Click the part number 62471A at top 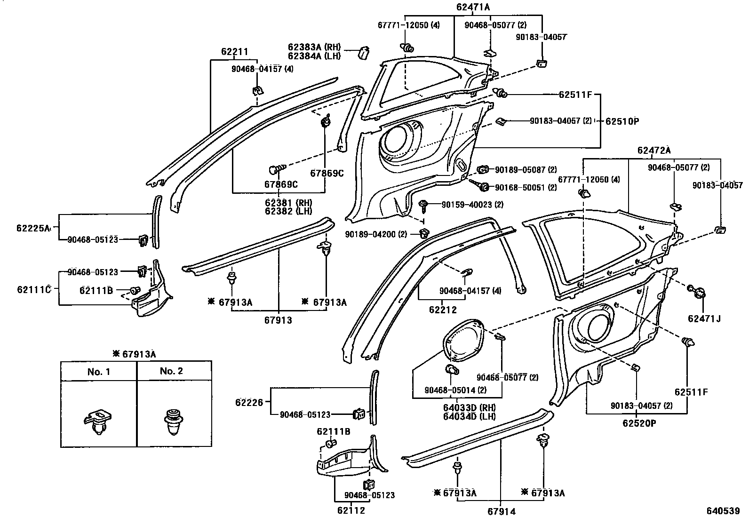coord(473,7)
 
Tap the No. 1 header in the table coord(99,372)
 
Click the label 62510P coord(622,121)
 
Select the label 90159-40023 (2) coord(472,205)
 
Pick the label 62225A coord(33,228)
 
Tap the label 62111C coord(34,289)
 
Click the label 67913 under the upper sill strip coord(278,320)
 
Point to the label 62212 coord(443,310)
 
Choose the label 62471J coord(704,318)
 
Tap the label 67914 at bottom coord(501,511)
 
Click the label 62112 coord(351,510)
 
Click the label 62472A coord(654,151)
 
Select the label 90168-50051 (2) coord(526,187)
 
